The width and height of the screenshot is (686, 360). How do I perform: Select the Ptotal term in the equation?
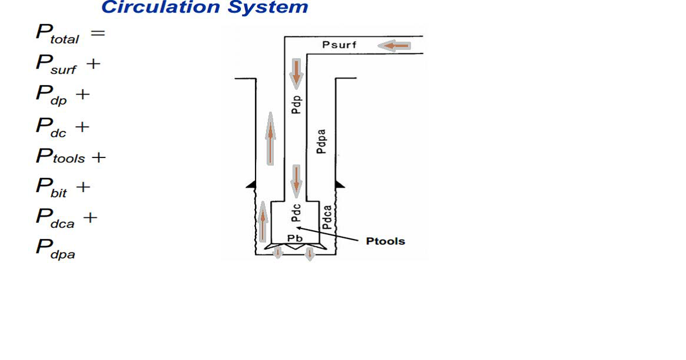tap(57, 34)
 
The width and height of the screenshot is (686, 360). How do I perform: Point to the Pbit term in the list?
tap(52, 187)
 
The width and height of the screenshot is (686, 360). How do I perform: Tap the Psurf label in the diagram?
tap(339, 45)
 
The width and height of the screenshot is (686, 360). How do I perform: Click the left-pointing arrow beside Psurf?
tap(394, 45)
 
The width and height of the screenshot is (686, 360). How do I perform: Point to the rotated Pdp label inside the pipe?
tap(297, 103)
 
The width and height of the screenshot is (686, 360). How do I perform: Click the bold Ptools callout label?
tap(385, 241)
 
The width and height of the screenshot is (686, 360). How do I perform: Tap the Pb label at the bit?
tap(295, 238)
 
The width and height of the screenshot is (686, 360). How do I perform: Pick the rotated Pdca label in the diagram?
tap(327, 217)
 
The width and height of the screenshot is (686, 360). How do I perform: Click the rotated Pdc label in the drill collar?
tap(297, 213)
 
